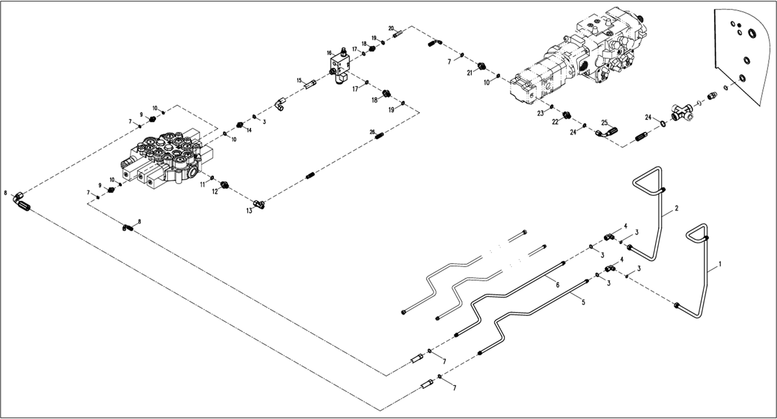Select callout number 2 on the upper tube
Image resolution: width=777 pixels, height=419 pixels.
click(x=677, y=208)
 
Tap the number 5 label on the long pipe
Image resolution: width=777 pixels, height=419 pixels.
click(x=583, y=302)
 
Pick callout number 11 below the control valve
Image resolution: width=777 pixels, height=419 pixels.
click(x=202, y=184)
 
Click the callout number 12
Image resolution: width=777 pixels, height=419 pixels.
click(x=215, y=191)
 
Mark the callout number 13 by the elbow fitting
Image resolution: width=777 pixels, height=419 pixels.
click(x=250, y=210)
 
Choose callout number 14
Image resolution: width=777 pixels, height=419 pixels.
click(x=249, y=131)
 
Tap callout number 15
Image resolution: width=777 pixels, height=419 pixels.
click(x=299, y=81)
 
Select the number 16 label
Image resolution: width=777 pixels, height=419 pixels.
click(x=329, y=53)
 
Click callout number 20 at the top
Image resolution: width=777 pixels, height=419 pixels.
click(x=391, y=28)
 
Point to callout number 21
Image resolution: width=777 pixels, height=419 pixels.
click(x=469, y=72)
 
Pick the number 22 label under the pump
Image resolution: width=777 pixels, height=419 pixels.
click(x=556, y=122)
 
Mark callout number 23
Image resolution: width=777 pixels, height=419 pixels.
click(x=540, y=114)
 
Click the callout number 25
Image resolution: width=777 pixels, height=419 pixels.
click(x=604, y=122)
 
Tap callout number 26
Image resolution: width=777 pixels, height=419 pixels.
click(x=372, y=131)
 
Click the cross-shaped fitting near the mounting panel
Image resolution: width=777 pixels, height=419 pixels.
click(x=682, y=112)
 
